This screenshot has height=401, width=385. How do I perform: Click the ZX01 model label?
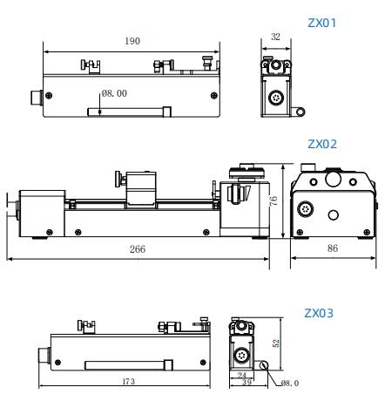[x=321, y=23]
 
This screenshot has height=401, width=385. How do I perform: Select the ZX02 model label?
[x=322, y=144]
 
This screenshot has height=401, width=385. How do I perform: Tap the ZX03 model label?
[x=319, y=313]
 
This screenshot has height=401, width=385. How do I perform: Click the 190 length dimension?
[x=132, y=41]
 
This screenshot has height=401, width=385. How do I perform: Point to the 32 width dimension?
[x=275, y=37]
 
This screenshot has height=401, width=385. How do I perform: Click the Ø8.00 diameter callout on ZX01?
[x=114, y=93]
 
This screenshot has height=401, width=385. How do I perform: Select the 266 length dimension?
[x=138, y=249]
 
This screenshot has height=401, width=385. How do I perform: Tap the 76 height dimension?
[x=274, y=200]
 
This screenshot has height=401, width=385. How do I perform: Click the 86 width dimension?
[x=333, y=248]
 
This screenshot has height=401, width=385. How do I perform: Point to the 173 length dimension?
[x=129, y=381]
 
